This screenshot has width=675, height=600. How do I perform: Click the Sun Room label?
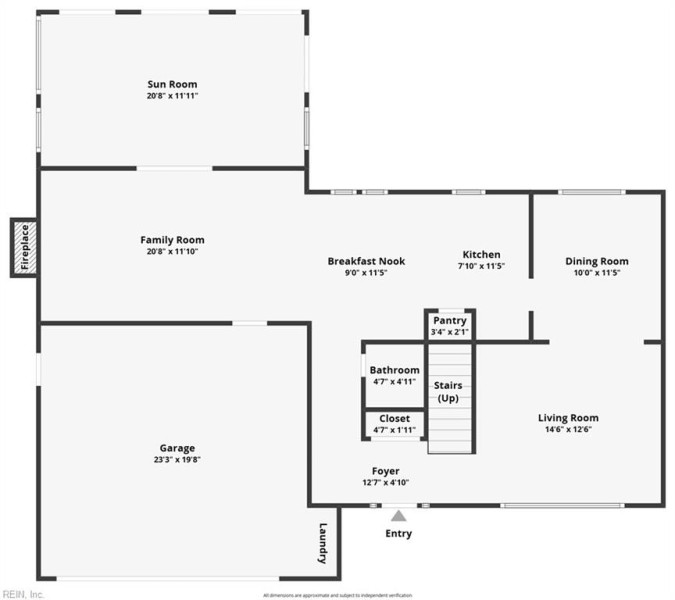click(172, 84)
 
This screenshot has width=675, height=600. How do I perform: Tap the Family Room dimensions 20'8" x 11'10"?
click(172, 252)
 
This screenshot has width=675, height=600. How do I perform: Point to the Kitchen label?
click(481, 254)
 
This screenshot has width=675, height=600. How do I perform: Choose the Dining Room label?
click(597, 261)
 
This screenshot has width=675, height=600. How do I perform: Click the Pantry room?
click(450, 325)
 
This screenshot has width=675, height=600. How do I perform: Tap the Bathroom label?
click(394, 370)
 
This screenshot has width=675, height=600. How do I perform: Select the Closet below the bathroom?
click(394, 423)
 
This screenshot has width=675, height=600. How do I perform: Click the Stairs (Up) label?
click(448, 392)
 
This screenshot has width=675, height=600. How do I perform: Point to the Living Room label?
click(568, 418)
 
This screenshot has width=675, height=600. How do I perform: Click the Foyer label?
click(385, 471)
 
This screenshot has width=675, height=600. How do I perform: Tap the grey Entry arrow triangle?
click(399, 516)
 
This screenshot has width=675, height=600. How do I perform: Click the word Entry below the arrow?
click(399, 534)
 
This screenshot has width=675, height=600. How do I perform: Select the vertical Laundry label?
click(323, 544)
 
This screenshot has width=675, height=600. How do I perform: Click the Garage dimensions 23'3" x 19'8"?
click(177, 460)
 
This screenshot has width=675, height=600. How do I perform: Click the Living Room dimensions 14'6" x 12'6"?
click(568, 430)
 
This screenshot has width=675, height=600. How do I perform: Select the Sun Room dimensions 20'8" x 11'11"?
click(172, 96)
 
